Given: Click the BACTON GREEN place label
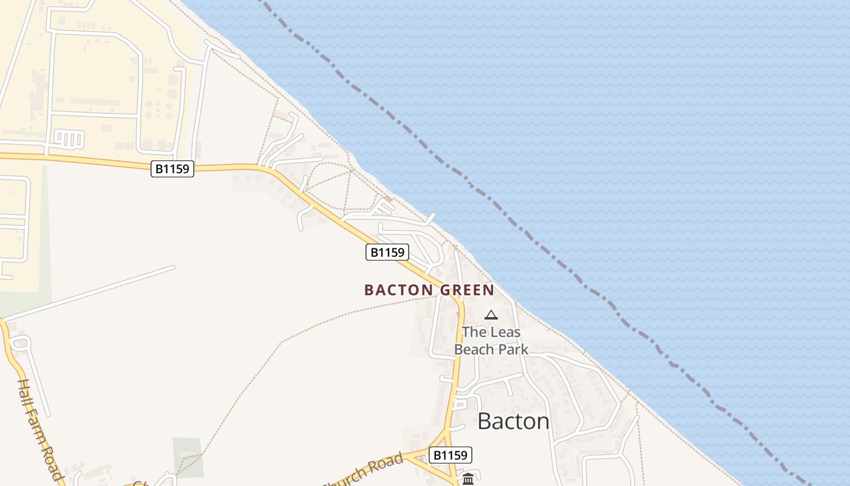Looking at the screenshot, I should (x=429, y=290).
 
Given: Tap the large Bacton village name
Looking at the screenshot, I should (x=513, y=421).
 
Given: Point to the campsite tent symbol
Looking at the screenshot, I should (x=491, y=315).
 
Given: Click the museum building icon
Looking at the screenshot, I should (x=468, y=479).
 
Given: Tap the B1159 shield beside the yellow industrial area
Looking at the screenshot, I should (x=172, y=169).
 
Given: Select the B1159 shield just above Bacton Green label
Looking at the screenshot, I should (x=387, y=252).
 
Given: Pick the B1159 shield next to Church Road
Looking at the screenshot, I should (x=450, y=455).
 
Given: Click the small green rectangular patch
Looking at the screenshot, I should (x=188, y=456).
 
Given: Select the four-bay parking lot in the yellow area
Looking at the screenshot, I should (x=69, y=139).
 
